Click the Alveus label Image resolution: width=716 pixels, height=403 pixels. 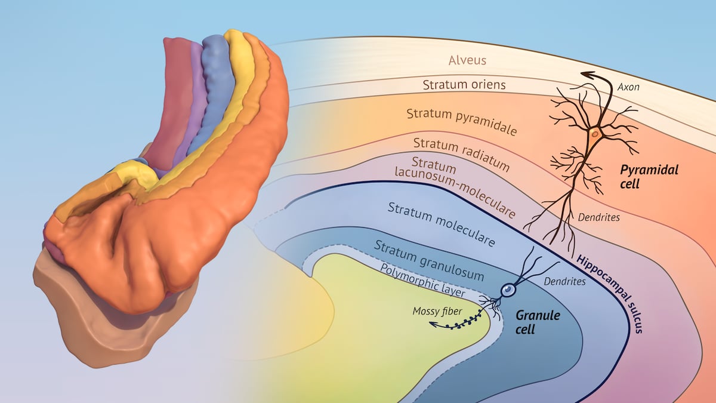click(x=468, y=60)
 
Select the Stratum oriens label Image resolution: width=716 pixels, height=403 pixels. click(x=464, y=85)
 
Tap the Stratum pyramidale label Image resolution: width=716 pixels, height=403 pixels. click(x=462, y=121)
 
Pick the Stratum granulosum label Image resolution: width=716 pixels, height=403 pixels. click(x=429, y=260)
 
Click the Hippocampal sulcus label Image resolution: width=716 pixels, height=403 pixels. click(x=609, y=293)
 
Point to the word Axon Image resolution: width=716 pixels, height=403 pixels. click(x=629, y=87)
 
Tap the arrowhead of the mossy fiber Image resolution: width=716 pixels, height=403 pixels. click(x=431, y=325)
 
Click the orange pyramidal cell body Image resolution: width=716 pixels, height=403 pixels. click(x=594, y=134)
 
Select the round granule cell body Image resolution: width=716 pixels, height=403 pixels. click(x=508, y=290)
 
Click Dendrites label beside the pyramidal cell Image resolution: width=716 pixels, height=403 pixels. click(x=598, y=217)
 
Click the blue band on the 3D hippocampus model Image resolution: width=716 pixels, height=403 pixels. click(x=218, y=84)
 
